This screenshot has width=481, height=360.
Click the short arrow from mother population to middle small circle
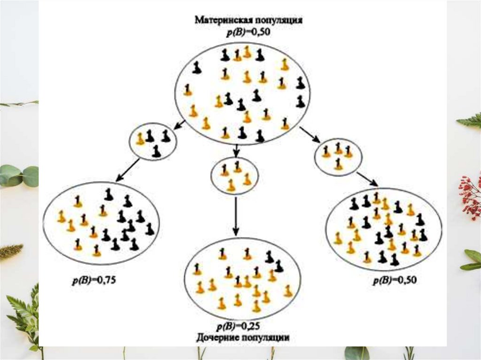pos(236,150)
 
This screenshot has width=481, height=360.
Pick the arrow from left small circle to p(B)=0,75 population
pos(127,169)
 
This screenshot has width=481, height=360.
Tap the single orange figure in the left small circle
pos(140,138)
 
